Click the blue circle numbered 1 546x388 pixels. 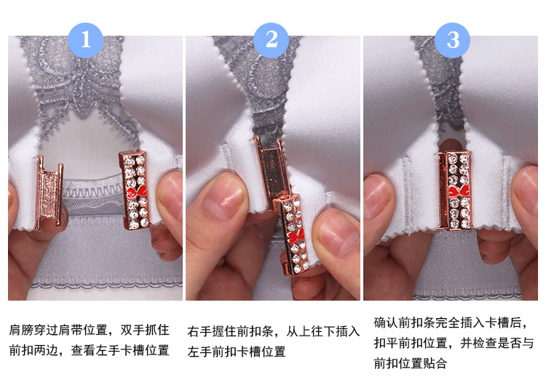[86, 40]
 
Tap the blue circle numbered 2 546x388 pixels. [272, 40]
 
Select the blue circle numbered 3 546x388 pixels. [452, 40]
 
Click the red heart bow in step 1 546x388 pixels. [136, 191]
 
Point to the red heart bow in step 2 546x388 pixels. [296, 235]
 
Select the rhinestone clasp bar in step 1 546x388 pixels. [135, 190]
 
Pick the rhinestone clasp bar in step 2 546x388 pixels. [292, 234]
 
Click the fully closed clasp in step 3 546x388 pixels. [455, 190]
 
